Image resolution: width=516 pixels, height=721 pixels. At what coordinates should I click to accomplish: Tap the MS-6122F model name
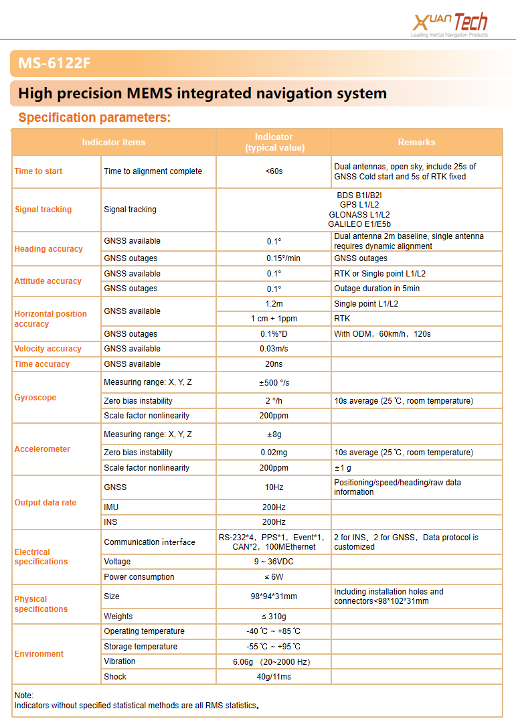click(x=54, y=64)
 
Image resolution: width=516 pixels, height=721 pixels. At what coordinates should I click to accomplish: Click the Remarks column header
click(x=416, y=142)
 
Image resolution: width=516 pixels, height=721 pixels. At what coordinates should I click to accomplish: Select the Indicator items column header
click(x=114, y=142)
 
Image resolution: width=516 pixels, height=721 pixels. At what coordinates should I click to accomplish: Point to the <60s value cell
click(x=274, y=171)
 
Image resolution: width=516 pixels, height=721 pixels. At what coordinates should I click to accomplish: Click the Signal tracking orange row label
click(x=43, y=210)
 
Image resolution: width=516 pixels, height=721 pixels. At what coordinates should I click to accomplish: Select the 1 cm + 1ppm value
click(x=274, y=319)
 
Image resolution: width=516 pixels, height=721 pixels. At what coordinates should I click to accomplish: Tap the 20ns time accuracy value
click(x=274, y=364)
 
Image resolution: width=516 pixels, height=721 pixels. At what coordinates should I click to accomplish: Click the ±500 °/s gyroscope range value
click(x=274, y=382)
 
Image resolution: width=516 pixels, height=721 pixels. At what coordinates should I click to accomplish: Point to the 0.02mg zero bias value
click(x=274, y=453)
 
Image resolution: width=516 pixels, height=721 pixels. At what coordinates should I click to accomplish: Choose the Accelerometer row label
click(x=42, y=449)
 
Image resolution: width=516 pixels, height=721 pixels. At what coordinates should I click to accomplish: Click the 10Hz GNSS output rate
click(x=274, y=487)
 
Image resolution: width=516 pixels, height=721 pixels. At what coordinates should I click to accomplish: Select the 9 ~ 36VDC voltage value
click(x=274, y=562)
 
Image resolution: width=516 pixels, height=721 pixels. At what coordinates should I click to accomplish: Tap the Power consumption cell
click(x=139, y=577)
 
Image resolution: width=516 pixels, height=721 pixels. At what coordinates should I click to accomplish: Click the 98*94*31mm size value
click(x=274, y=596)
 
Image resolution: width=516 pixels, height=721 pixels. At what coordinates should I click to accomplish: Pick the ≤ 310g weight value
click(x=274, y=617)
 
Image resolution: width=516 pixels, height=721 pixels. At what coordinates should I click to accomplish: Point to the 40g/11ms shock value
click(x=274, y=677)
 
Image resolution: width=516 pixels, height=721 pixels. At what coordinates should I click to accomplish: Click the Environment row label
click(x=39, y=654)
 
